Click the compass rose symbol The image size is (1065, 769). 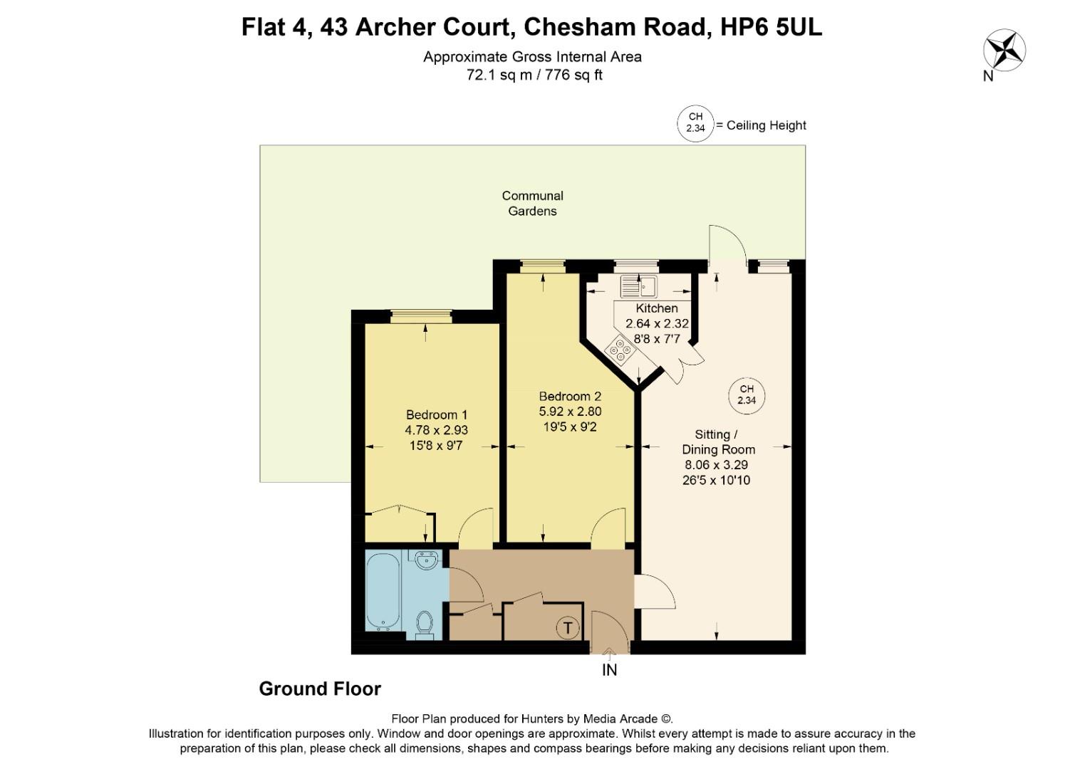click(x=1004, y=51)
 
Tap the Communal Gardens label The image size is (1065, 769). click(x=532, y=203)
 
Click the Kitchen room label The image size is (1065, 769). click(x=656, y=308)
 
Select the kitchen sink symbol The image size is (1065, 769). click(x=638, y=287)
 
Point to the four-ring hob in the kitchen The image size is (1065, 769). click(x=620, y=350)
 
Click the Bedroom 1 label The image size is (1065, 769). click(x=436, y=414)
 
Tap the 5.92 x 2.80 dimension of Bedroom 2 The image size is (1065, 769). click(x=570, y=412)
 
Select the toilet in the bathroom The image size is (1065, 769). click(x=425, y=624)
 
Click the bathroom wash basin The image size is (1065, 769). click(x=427, y=560)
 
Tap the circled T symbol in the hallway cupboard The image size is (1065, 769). click(x=568, y=628)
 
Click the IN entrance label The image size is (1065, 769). click(x=610, y=669)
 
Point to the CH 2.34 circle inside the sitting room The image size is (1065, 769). click(x=746, y=394)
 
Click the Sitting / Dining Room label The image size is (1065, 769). click(x=718, y=441)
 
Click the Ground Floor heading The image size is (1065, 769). click(x=320, y=689)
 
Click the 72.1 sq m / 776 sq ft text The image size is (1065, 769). click(x=534, y=75)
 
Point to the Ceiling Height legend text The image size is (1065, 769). click(x=761, y=125)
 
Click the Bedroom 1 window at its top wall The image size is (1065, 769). click(x=421, y=317)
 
